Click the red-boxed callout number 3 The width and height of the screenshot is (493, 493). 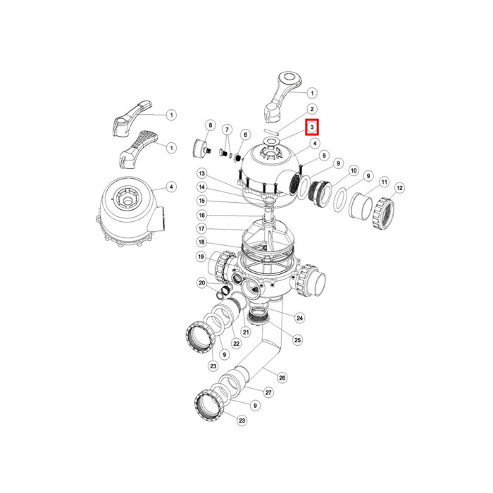coord(312,127)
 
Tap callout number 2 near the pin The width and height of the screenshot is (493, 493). coord(312,109)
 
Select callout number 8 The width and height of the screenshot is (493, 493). coord(211,125)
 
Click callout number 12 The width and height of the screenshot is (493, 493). coord(399,188)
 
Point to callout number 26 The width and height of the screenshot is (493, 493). coord(282,377)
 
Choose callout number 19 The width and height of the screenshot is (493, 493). coord(201,256)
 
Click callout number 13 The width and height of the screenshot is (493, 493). coord(202,173)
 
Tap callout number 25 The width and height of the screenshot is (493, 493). coord(297,339)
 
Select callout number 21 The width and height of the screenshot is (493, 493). coord(246,332)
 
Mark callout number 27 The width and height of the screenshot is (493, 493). coord(268,392)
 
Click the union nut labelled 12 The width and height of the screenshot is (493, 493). coord(383,213)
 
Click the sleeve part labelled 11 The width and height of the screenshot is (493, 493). coord(361,206)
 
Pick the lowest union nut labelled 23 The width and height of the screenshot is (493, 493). coord(209,405)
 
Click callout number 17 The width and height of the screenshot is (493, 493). coord(202,229)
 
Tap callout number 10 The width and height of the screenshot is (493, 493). coord(354,170)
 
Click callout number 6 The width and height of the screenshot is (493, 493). coord(245,135)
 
